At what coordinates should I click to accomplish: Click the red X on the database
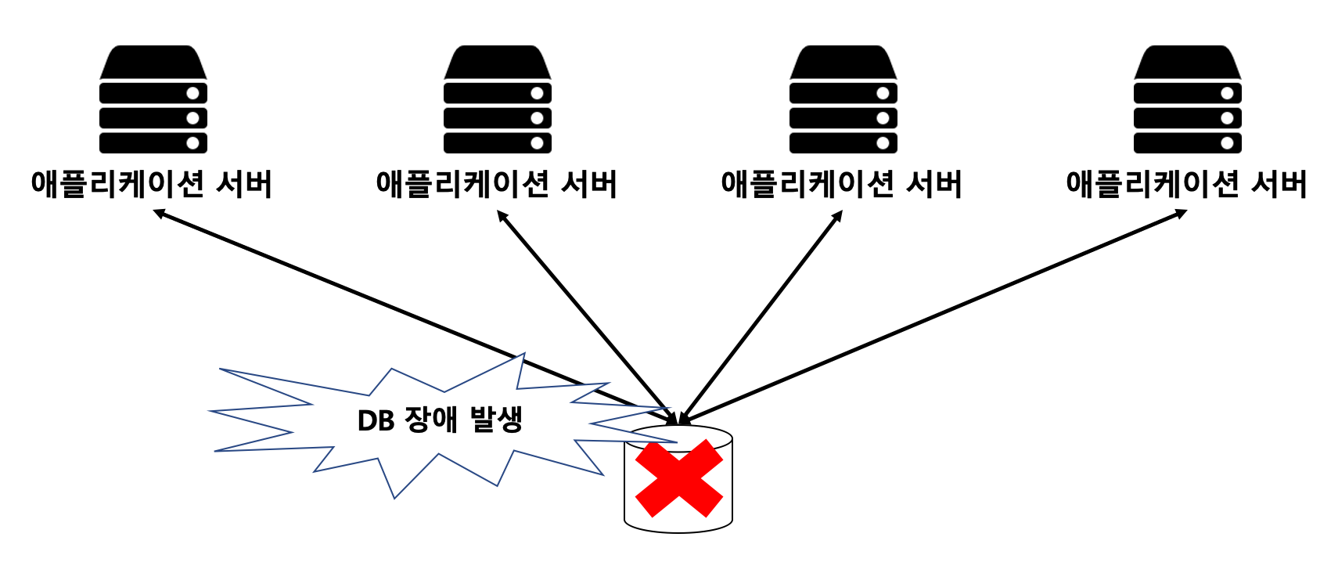click(x=678, y=478)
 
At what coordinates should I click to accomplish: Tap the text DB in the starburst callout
click(x=376, y=421)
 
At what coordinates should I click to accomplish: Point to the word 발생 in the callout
click(x=496, y=420)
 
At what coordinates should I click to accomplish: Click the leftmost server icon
click(x=153, y=99)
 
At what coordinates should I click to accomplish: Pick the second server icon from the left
click(x=498, y=99)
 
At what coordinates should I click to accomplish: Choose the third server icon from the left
click(x=843, y=99)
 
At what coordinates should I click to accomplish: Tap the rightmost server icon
click(x=1187, y=99)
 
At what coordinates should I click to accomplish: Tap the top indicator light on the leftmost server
click(x=192, y=93)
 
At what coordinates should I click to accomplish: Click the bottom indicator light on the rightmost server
click(x=1227, y=143)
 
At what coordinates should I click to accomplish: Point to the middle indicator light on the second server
click(x=537, y=118)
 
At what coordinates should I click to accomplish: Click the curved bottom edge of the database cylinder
click(x=678, y=532)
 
